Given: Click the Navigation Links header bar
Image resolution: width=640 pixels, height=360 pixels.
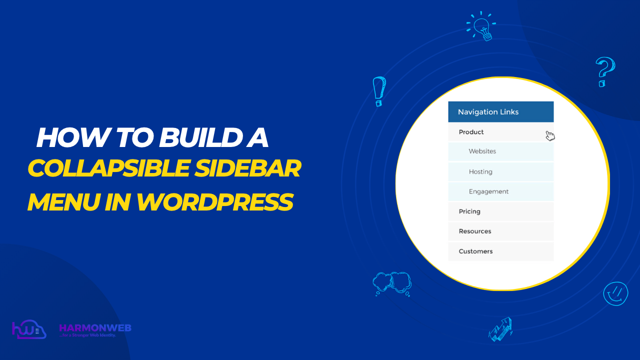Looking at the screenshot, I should pyautogui.click(x=500, y=112).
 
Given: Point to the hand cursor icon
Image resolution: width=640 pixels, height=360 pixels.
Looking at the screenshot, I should pyautogui.click(x=550, y=135).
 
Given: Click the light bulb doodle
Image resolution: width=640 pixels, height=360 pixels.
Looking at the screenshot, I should pyautogui.click(x=481, y=25).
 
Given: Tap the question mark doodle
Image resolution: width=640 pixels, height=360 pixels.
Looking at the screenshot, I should pyautogui.click(x=604, y=71).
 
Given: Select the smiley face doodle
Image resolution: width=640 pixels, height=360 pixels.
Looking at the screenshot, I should pyautogui.click(x=615, y=293).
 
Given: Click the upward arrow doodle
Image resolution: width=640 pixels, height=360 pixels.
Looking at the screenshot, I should pyautogui.click(x=501, y=329).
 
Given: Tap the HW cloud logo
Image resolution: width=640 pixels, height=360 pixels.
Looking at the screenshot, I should pyautogui.click(x=29, y=330).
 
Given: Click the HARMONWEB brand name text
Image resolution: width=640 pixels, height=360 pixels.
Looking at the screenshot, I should pyautogui.click(x=95, y=328).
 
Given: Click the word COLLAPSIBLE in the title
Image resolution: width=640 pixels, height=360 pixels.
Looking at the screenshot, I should pyautogui.click(x=102, y=169).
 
